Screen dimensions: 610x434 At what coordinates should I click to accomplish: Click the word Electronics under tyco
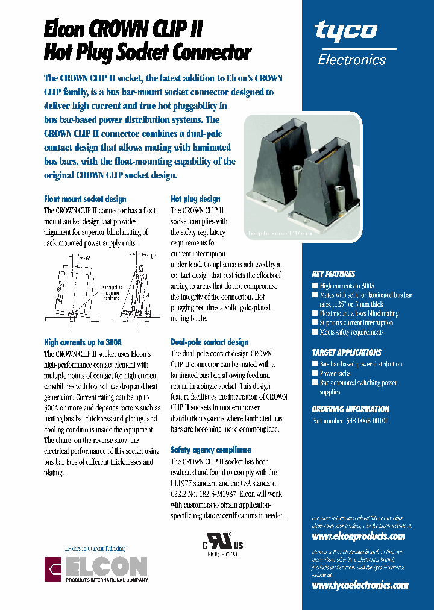[351, 60]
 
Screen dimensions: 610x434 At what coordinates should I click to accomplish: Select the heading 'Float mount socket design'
[85, 199]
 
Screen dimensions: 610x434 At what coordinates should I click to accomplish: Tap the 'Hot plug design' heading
[195, 199]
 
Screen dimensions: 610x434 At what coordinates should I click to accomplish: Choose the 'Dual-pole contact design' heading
[209, 342]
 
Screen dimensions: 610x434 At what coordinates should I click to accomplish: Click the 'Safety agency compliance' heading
[210, 450]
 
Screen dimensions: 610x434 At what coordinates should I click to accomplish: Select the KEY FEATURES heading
[333, 274]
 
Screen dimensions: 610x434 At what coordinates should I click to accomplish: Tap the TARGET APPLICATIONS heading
[347, 352]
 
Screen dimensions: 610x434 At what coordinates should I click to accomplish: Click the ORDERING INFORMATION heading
[350, 409]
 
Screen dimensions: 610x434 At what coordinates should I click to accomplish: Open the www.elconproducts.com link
[358, 536]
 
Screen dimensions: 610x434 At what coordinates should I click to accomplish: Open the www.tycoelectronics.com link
[360, 585]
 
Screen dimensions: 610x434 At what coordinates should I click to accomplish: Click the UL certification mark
[222, 544]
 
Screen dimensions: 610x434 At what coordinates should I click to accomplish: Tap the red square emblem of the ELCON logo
[54, 569]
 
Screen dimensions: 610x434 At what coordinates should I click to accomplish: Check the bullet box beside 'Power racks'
[315, 374]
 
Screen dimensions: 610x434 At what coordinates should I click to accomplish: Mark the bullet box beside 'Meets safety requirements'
[315, 332]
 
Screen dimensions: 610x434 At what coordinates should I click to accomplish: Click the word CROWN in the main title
[124, 28]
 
